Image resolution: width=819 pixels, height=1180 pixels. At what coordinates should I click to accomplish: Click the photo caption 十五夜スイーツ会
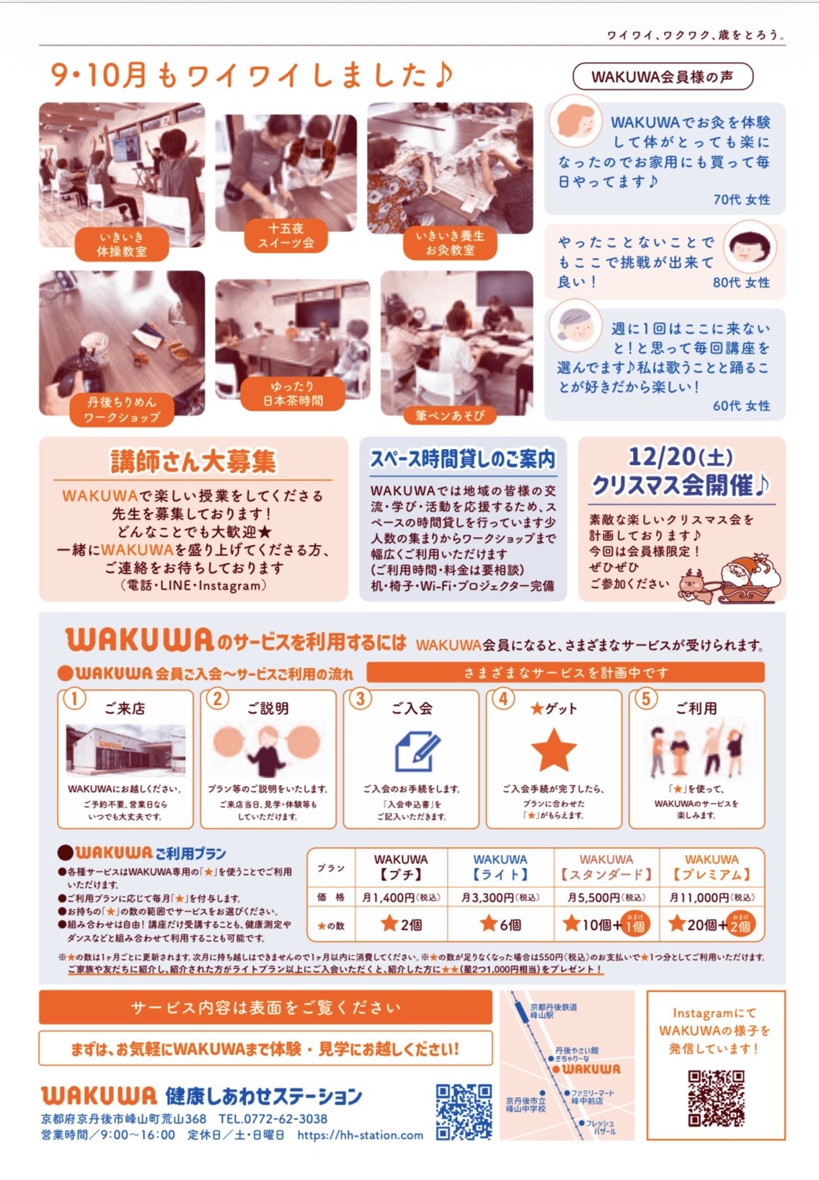[x=285, y=236]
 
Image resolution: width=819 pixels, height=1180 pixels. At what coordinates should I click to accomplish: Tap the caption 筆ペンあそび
[x=450, y=416]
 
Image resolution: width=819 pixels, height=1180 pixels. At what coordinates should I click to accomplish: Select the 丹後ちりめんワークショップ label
[x=122, y=409]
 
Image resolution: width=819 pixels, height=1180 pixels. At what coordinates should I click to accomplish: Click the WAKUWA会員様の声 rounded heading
[x=663, y=77]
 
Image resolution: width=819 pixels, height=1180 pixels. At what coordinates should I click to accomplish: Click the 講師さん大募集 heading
[x=193, y=461]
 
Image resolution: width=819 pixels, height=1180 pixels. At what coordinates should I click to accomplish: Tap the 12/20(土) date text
[x=681, y=456]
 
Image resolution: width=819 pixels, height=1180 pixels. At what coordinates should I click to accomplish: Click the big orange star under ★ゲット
[x=554, y=750]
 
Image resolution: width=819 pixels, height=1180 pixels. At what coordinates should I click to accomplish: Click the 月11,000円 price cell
[x=712, y=897]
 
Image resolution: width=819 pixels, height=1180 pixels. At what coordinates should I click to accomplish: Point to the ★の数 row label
[x=331, y=926]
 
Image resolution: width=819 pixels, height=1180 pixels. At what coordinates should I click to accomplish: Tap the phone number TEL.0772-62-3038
[x=273, y=1118]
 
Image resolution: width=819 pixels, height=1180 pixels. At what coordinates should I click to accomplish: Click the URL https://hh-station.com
[x=360, y=1135]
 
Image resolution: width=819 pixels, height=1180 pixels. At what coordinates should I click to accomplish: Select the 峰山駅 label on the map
[x=541, y=1014]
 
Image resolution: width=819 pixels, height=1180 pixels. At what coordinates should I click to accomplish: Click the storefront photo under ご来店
[x=125, y=750]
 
